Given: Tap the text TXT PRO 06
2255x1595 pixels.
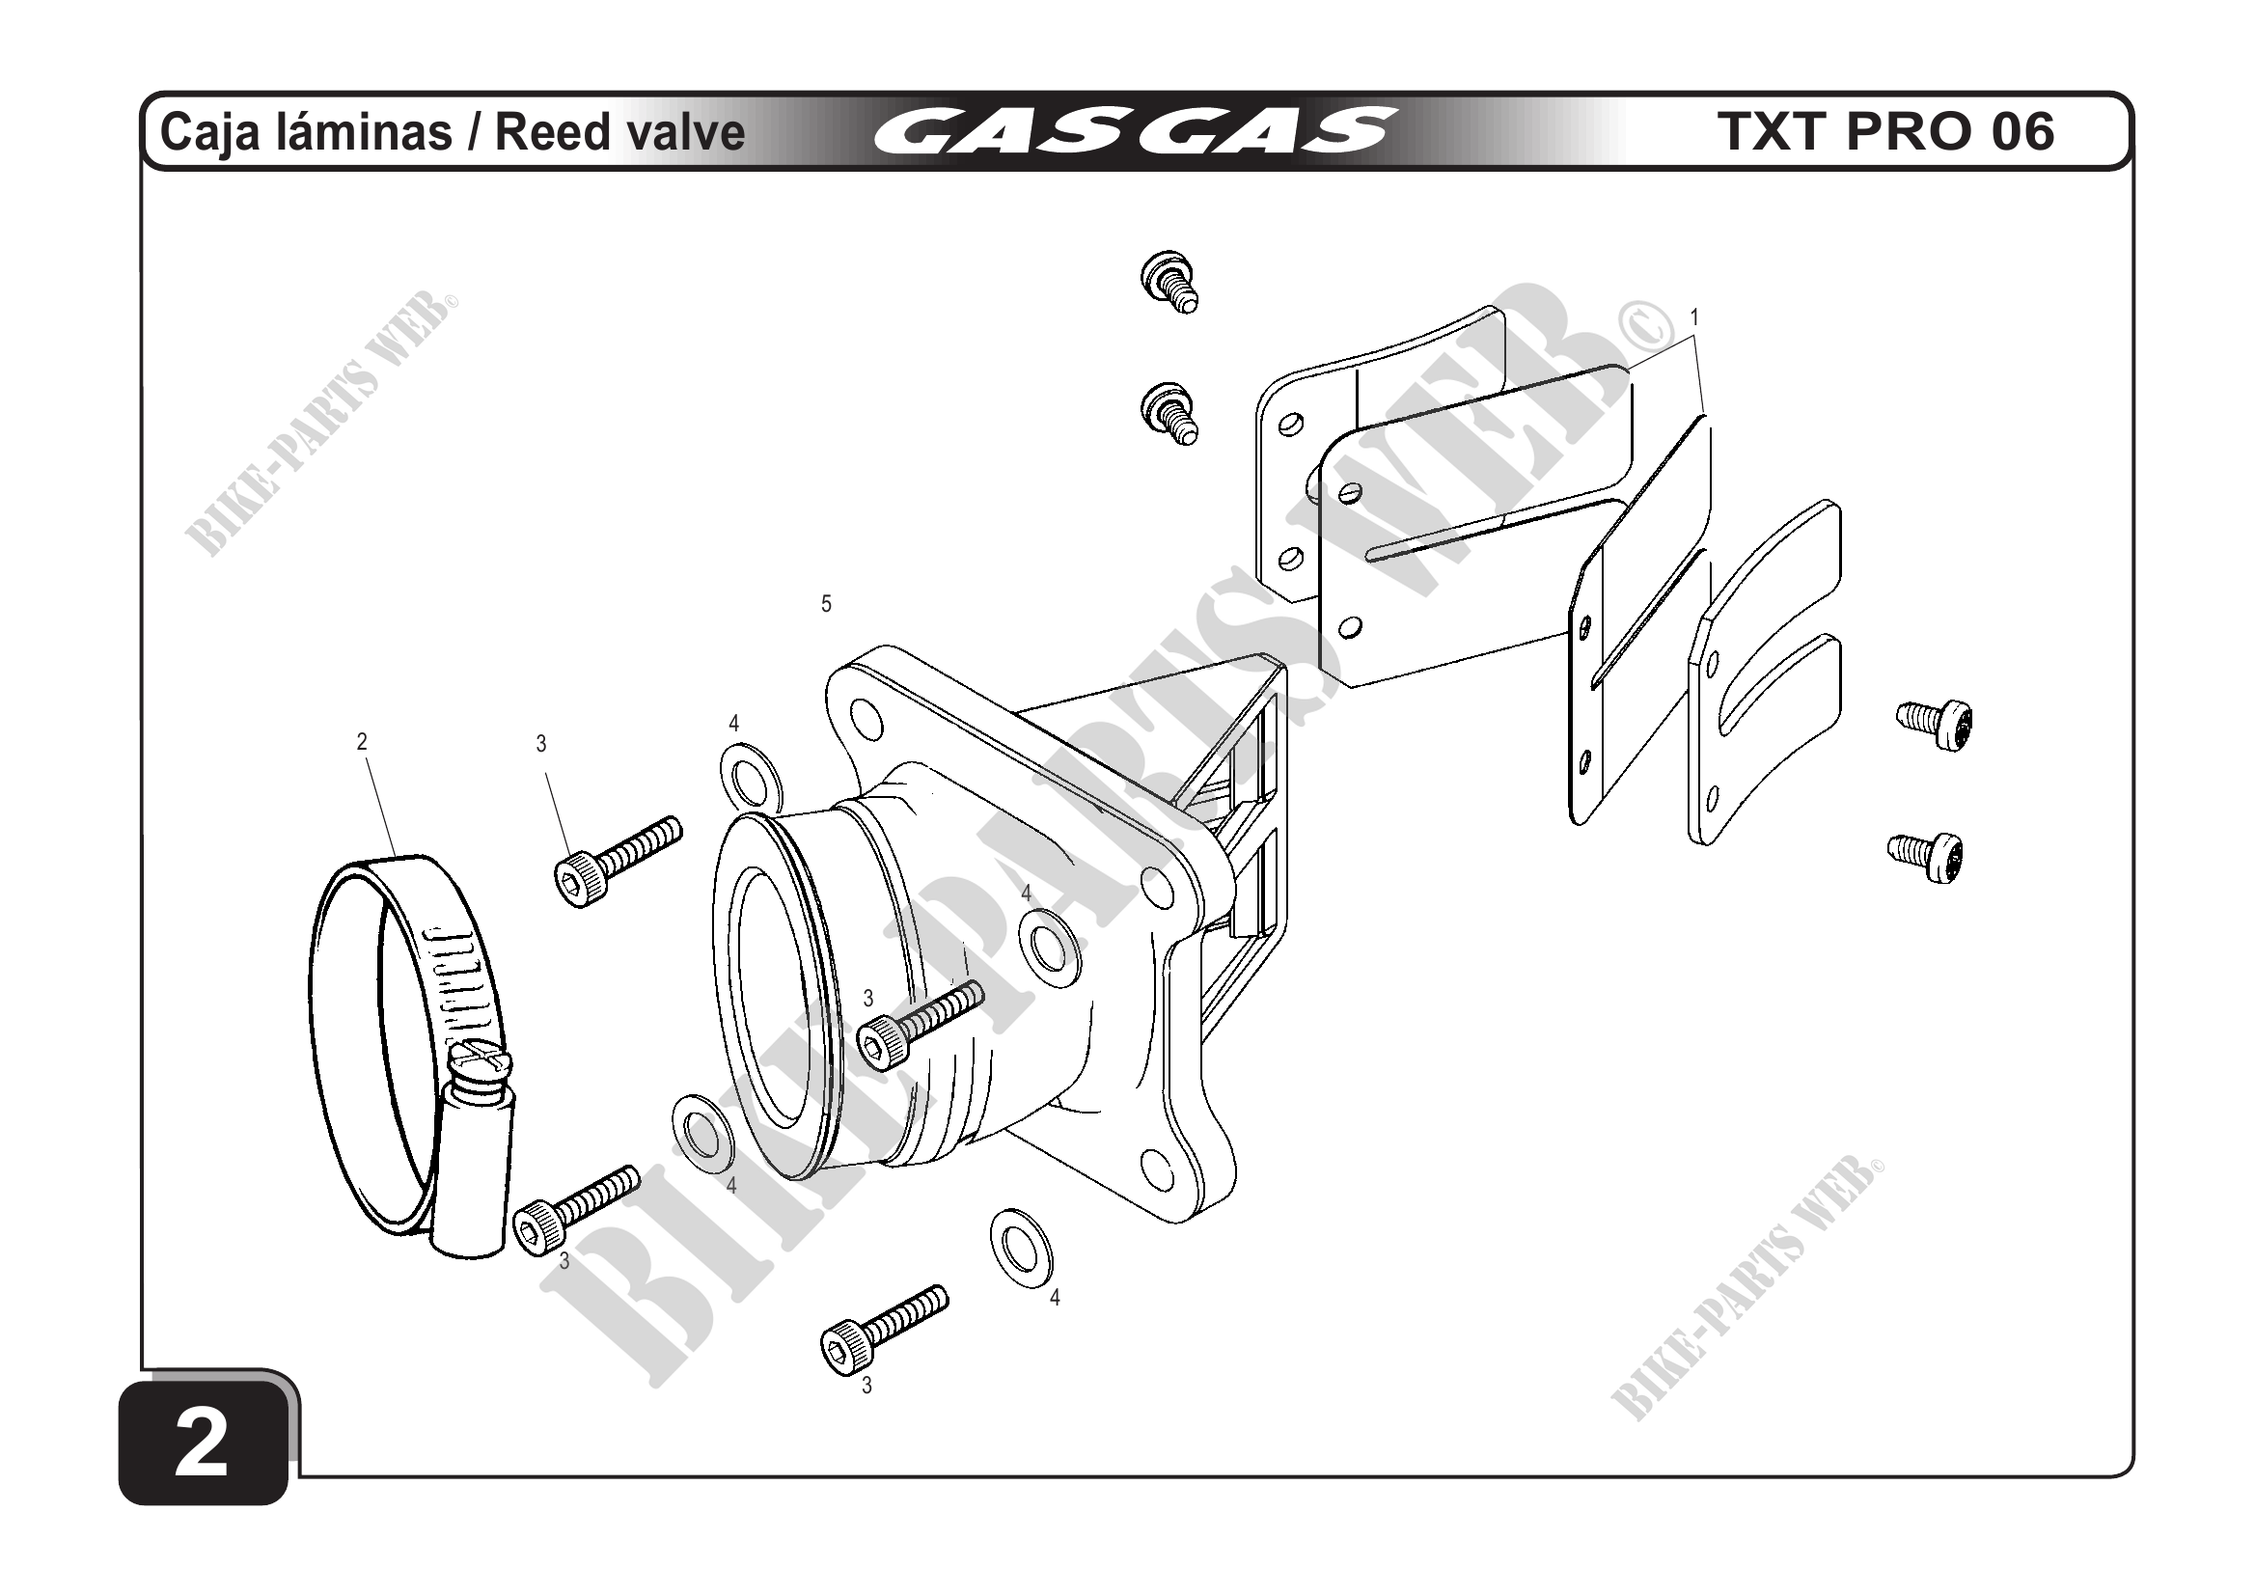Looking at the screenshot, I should (1885, 131).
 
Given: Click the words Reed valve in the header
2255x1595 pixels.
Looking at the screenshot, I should (619, 132).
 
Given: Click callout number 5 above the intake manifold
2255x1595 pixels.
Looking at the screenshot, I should (826, 604).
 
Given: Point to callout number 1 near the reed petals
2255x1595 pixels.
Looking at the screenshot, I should (1693, 317).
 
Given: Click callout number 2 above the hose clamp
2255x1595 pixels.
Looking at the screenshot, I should (362, 743).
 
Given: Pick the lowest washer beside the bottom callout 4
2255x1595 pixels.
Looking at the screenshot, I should (1021, 1248).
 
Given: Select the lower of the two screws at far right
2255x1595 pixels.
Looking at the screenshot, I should (1926, 856).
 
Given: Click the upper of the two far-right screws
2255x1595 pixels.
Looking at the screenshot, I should (1935, 723).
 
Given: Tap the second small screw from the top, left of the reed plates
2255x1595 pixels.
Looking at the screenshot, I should (1169, 414).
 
